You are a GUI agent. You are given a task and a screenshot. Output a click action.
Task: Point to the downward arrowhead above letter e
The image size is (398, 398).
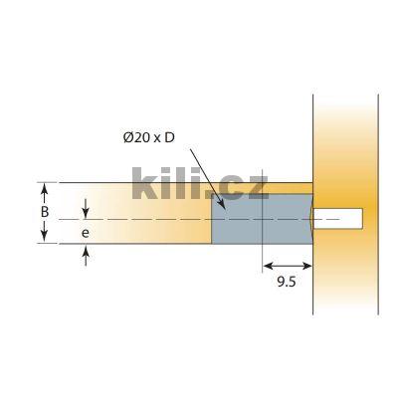click(x=87, y=212)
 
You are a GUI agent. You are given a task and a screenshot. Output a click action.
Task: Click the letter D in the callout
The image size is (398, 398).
click(x=169, y=136)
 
